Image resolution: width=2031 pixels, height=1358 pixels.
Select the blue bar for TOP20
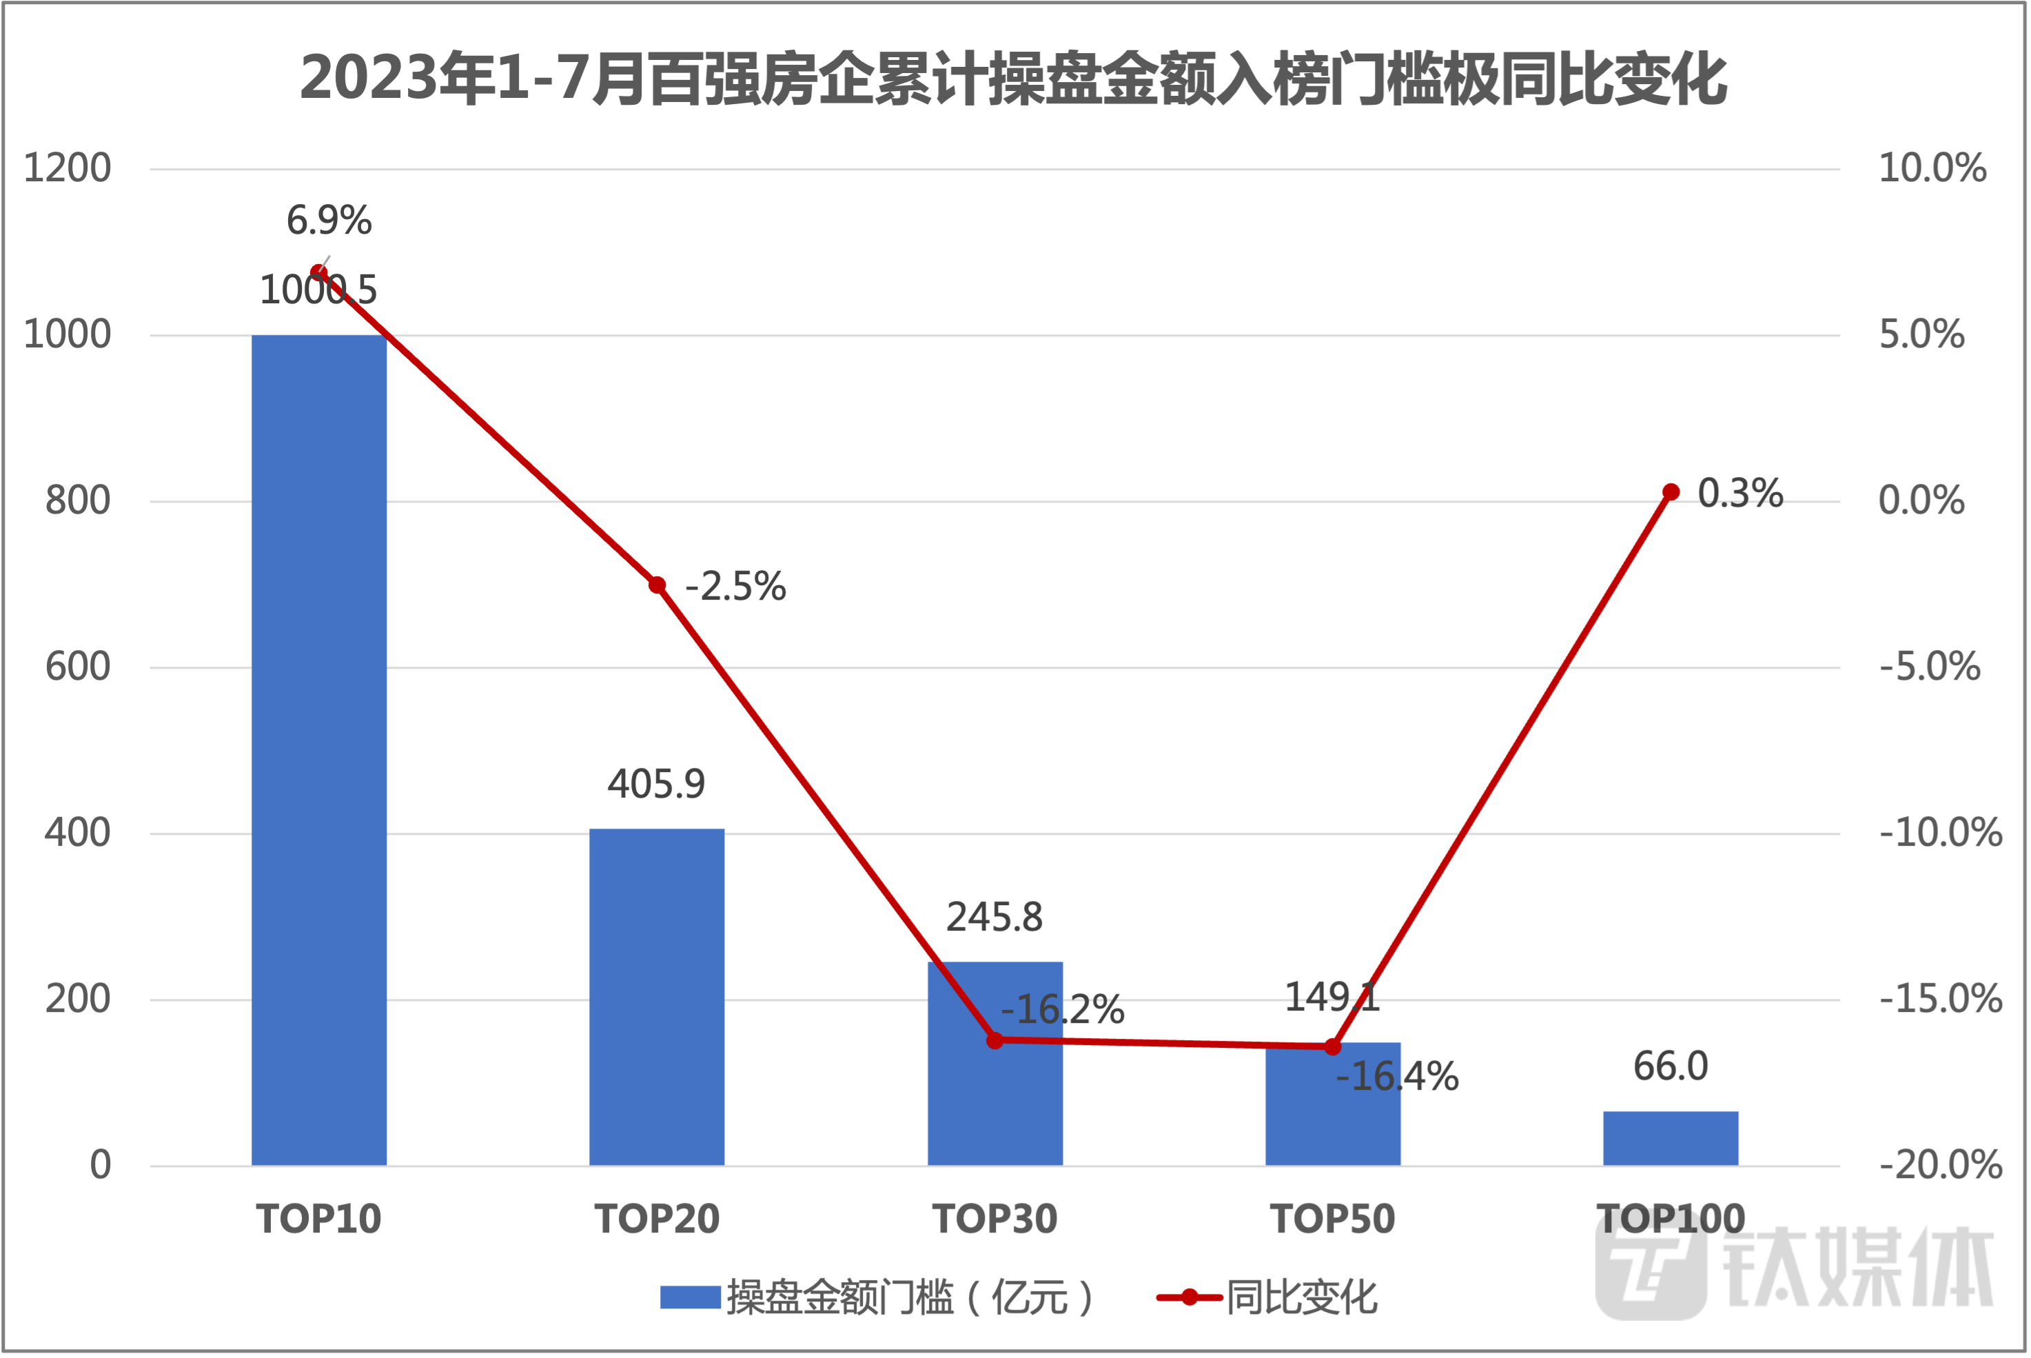click(657, 997)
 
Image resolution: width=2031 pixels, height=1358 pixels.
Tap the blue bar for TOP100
click(1671, 1138)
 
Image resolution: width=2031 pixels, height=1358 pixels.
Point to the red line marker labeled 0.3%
click(1671, 493)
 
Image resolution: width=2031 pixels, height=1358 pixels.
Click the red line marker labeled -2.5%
click(657, 585)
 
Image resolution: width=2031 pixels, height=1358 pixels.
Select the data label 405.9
click(656, 784)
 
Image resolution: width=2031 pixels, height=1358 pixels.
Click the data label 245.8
click(994, 918)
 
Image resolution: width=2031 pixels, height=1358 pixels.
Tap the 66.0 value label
click(1671, 1066)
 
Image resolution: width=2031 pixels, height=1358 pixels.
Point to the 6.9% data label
click(329, 221)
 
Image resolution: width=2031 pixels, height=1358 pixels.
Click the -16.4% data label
click(1397, 1077)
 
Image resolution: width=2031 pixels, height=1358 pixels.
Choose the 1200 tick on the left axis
click(68, 168)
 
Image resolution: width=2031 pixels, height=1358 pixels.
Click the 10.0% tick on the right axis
click(1932, 168)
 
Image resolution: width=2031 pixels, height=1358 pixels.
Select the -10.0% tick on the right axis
click(1940, 833)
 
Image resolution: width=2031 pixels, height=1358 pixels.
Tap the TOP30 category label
click(994, 1219)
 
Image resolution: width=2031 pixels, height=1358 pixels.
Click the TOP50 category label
click(1334, 1219)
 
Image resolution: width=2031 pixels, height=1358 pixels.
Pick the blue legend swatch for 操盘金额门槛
click(691, 1297)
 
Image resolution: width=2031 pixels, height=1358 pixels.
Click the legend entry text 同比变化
click(1301, 1297)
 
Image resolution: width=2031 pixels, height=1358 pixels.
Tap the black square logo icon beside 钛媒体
click(1650, 1271)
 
